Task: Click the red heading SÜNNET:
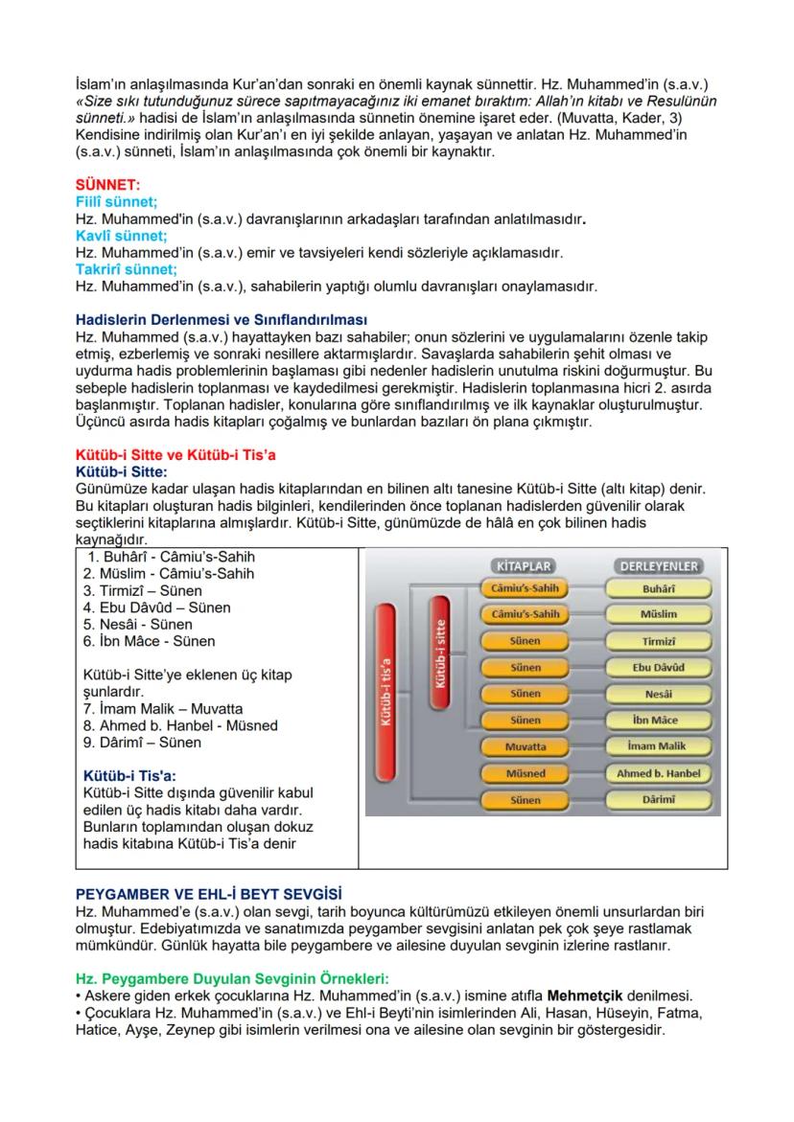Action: tap(107, 183)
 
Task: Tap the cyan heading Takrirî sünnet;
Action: tap(126, 269)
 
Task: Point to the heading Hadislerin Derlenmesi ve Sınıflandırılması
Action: tap(221, 320)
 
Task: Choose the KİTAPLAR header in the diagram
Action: tap(522, 566)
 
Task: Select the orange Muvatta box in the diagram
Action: tap(525, 746)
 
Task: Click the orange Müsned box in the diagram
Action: tap(525, 773)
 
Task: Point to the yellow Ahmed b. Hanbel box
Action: tap(659, 773)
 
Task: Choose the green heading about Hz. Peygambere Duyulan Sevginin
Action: tap(230, 978)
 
